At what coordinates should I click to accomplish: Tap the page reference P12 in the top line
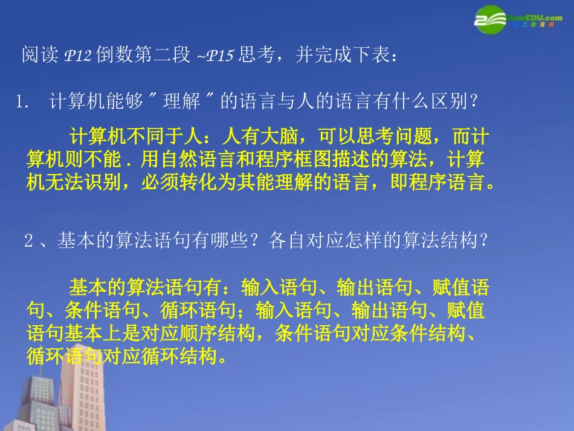(x=77, y=56)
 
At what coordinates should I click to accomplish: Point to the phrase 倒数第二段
(x=143, y=56)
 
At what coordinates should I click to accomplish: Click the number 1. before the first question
(x=24, y=103)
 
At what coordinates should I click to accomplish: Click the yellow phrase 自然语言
(x=185, y=160)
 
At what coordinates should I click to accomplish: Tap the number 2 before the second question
(x=28, y=242)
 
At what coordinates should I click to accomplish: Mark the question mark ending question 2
(x=482, y=241)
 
